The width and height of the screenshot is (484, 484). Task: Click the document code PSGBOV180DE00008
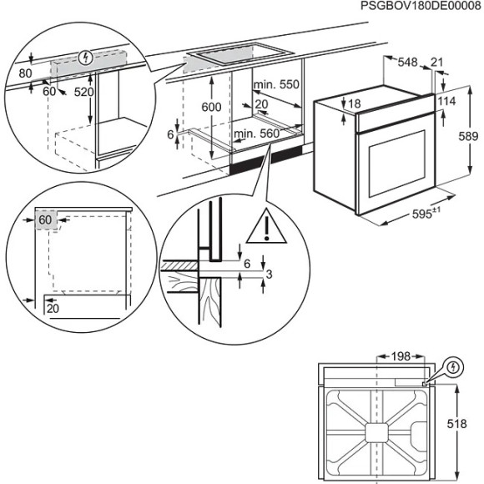pos(421,7)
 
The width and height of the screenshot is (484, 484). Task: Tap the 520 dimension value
pos(83,92)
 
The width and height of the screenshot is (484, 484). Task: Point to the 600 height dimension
pos(212,107)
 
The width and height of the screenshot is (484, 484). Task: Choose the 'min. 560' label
pos(257,134)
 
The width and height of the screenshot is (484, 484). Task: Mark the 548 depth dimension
pos(407,62)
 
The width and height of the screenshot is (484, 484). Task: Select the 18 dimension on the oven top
pos(354,103)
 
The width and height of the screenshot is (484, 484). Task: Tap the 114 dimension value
pos(447,101)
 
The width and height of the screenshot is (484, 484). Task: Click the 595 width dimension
pos(426,214)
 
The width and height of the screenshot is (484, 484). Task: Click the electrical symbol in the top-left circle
pos(83,57)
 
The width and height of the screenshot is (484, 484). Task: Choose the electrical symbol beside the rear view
pos(454,367)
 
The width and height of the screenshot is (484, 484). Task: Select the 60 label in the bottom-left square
pos(45,219)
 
